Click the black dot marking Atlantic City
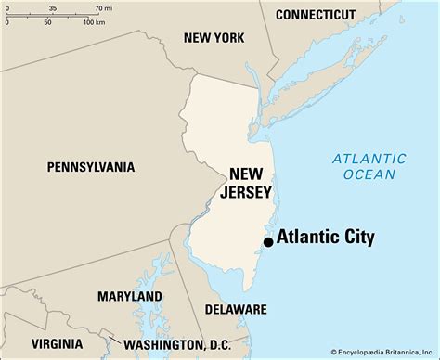(268, 241)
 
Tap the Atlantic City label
(325, 237)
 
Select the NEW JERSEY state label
(251, 183)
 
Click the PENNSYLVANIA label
(91, 167)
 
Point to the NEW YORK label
(214, 38)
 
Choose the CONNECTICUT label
(316, 15)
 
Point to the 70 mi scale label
(91, 7)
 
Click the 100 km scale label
(94, 21)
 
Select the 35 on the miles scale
(52, 7)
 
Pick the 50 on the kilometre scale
(47, 21)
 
